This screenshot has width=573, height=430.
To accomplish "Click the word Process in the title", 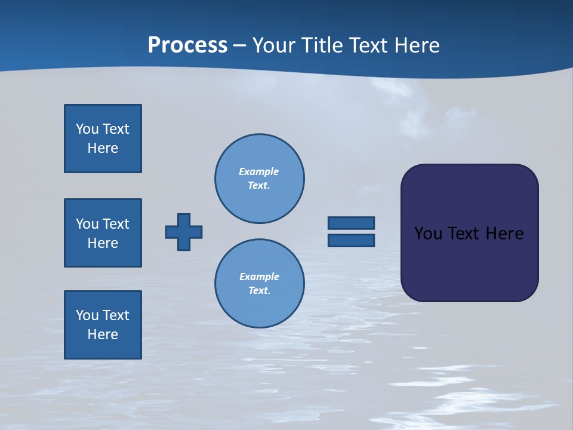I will pos(187,45).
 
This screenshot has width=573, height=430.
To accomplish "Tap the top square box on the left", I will pos(103,139).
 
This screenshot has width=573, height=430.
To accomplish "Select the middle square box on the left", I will pos(103,233).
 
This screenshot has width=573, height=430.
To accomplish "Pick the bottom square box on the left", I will pos(103,325).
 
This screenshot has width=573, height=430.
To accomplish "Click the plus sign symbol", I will pos(184,232).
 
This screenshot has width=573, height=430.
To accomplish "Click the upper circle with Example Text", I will pos(260,179).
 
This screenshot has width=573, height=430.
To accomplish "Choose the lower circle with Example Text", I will pos(260,284).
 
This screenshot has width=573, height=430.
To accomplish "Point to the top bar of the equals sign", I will pos(351,223).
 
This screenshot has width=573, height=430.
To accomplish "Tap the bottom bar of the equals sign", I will pos(351,240).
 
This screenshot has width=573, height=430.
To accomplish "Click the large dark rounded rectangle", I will pos(469,263).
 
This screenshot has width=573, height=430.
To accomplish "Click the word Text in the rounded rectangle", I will pos(464,234).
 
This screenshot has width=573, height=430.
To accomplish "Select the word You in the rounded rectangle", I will pos(427,234).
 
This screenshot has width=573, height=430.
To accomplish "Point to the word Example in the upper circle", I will pos(258,171).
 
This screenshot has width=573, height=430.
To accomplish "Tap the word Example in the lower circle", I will pos(259,277).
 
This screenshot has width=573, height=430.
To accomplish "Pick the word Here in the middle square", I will pos(103,243).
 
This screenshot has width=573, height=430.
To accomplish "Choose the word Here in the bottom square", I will pos(103,334).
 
